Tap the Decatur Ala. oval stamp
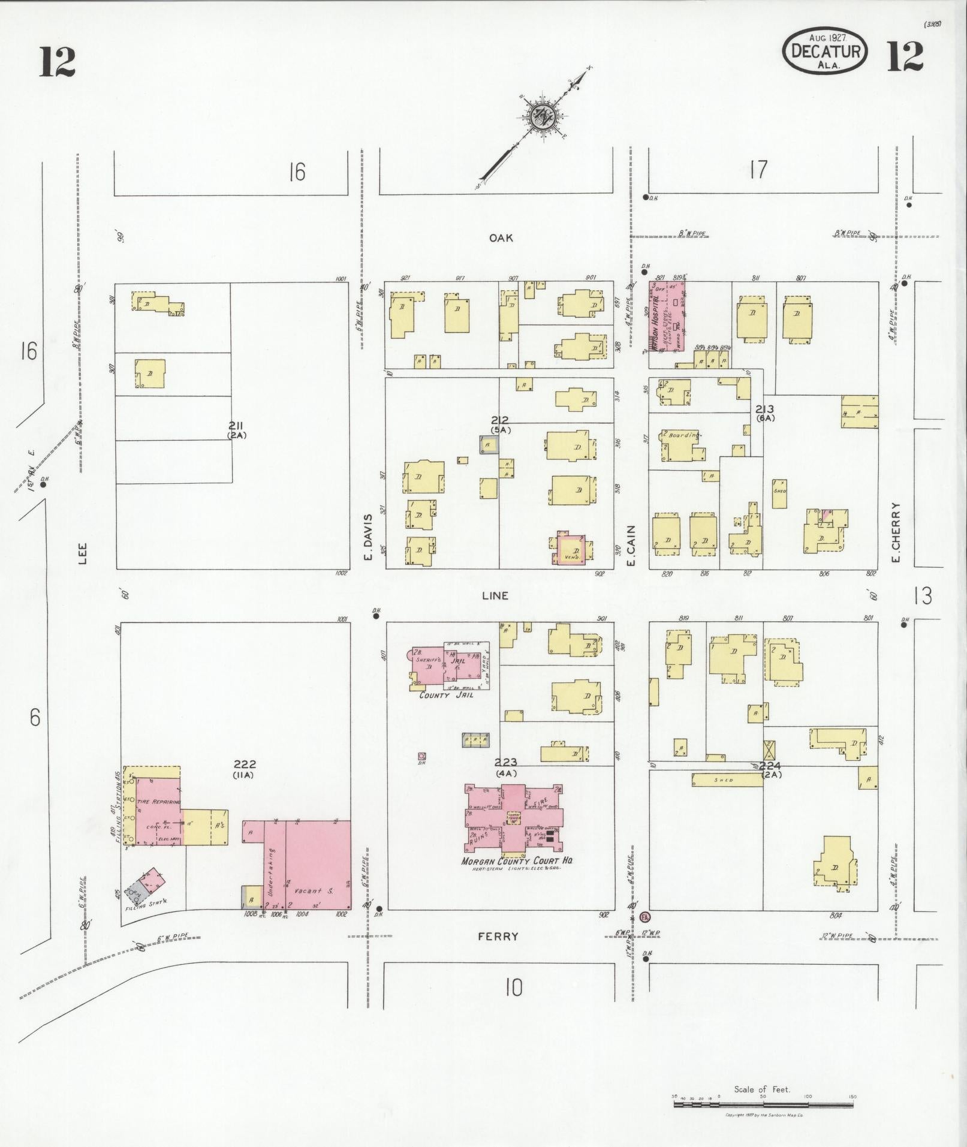coord(826,51)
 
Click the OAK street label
coord(501,238)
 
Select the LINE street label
coord(495,595)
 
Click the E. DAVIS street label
coord(369,537)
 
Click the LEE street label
coord(82,553)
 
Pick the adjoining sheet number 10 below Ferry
coord(513,988)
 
